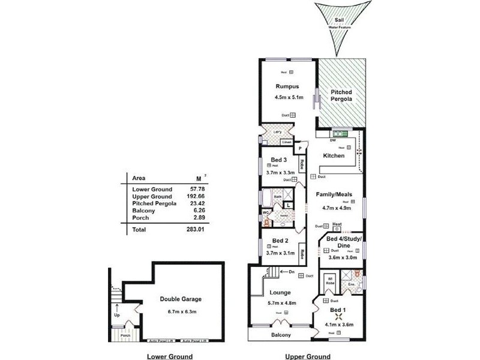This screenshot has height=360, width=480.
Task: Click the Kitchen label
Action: tap(334, 156)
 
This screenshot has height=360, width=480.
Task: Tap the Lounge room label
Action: tap(281, 292)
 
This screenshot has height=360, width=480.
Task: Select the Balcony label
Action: tap(281, 335)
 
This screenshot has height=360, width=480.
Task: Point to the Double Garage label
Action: tap(180, 299)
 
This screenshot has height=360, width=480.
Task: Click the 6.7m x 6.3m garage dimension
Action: tap(180, 311)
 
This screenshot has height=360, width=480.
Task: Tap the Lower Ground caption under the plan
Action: tap(169, 356)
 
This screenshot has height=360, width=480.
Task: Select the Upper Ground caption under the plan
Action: tap(307, 356)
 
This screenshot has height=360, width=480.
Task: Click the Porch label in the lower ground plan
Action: tap(125, 335)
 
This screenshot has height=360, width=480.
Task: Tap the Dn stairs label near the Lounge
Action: tap(291, 273)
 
